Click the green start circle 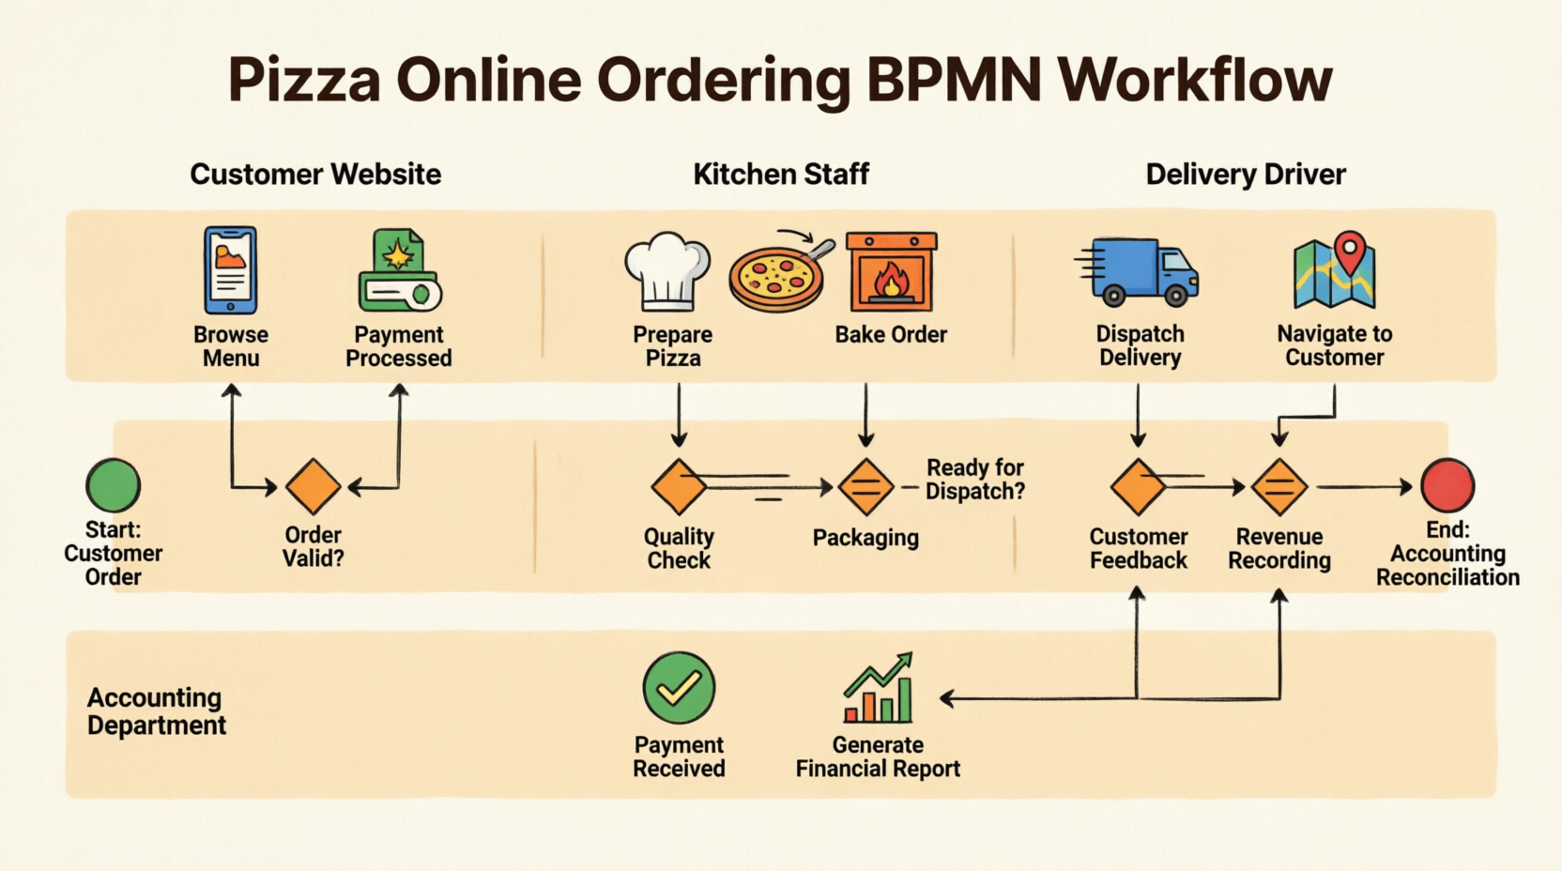[x=113, y=485]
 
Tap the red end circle [x=1447, y=485]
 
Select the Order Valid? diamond [x=313, y=487]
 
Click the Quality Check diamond [x=679, y=487]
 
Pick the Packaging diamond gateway [x=865, y=487]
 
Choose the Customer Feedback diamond [x=1138, y=487]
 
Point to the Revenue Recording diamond [x=1279, y=487]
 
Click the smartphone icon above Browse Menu [x=231, y=270]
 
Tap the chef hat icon [x=667, y=271]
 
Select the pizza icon [x=776, y=277]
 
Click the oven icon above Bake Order [x=891, y=272]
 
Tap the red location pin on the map [x=1350, y=252]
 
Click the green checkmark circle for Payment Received [x=679, y=688]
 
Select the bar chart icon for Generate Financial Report [x=879, y=690]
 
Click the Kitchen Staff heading [x=781, y=175]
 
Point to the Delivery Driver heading [x=1246, y=175]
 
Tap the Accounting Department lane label [x=156, y=711]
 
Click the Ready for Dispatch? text [x=975, y=480]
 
